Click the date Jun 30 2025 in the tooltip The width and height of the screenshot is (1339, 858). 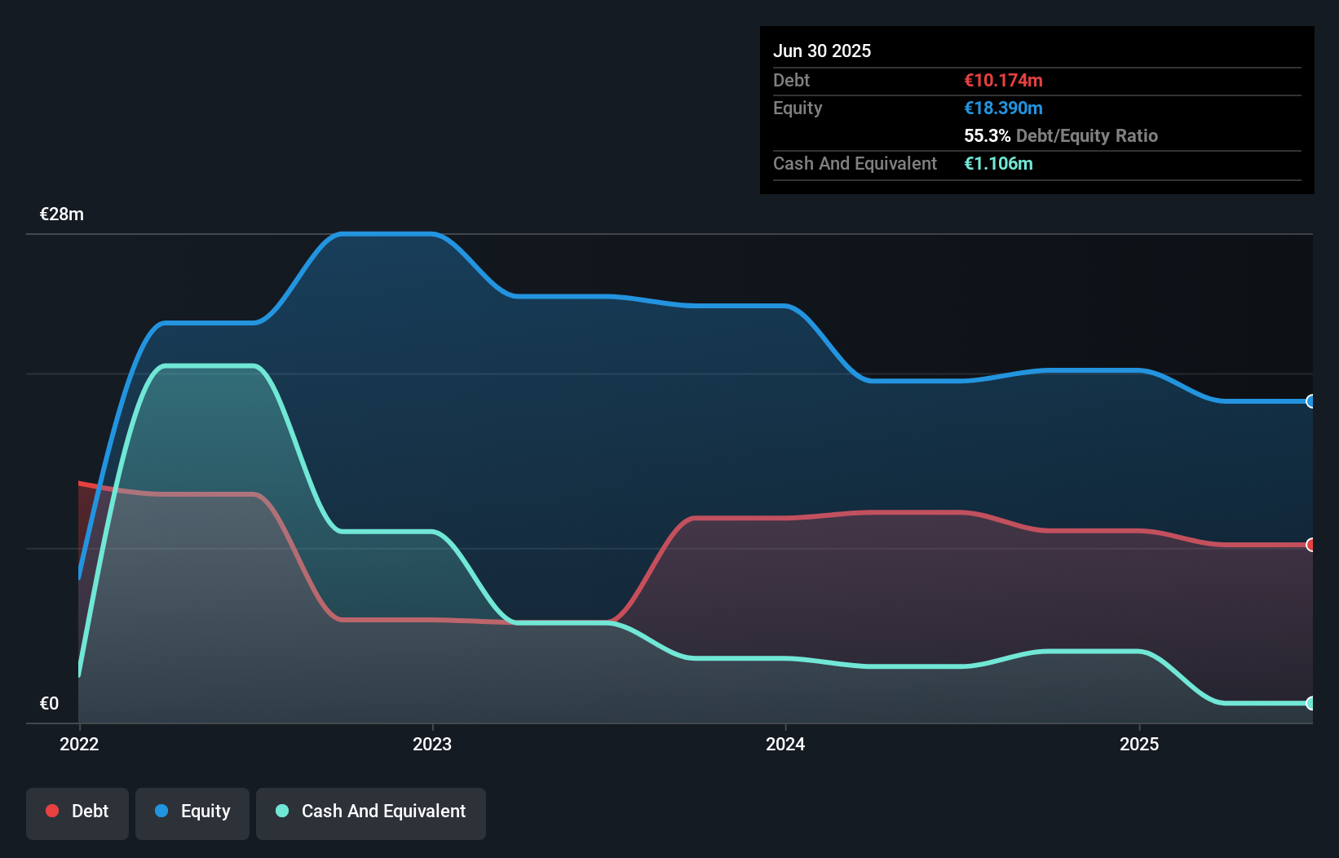pos(821,51)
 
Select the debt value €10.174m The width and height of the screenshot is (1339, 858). pos(1003,80)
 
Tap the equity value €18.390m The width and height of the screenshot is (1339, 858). pos(1003,108)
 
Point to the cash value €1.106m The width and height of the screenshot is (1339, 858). pos(998,163)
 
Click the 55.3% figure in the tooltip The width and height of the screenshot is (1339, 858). pos(987,135)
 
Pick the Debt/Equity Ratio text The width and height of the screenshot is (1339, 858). pos(1086,135)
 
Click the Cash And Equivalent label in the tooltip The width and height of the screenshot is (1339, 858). pos(855,163)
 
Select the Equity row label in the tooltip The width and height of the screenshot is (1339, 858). pos(798,108)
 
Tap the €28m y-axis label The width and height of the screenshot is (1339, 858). pos(62,214)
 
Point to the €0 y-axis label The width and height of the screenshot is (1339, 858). pos(49,703)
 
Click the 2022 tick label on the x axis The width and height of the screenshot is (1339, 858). pos(79,744)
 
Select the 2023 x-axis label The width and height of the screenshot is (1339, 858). pos(432,744)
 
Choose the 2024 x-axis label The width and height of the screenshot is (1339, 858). pos(785,744)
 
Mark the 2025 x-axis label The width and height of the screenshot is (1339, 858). pos(1139,744)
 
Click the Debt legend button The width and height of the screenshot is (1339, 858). pos(77,811)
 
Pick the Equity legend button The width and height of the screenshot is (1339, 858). pos(192,811)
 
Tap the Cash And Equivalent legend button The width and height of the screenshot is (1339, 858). pos(371,811)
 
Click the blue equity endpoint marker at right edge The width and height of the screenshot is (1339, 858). pos(1310,401)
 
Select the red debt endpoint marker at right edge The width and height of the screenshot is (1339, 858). pos(1310,545)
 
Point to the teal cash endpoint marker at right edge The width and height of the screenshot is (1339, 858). pos(1310,703)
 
